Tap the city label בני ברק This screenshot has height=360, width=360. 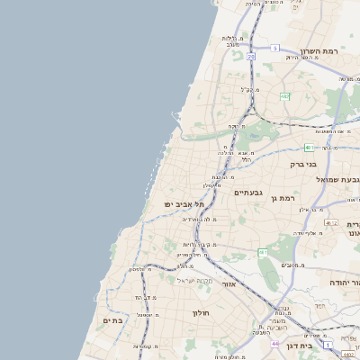click(303, 165)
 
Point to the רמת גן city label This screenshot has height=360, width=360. click(285, 197)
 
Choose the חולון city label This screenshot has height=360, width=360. click(200, 313)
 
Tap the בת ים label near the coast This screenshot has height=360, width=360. click(112, 320)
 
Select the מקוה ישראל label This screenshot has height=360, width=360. click(190, 280)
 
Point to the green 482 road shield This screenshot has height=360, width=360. click(284, 96)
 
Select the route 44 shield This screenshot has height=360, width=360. click(274, 344)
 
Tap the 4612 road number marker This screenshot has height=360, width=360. click(332, 223)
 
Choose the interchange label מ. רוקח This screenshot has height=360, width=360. click(237, 127)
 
